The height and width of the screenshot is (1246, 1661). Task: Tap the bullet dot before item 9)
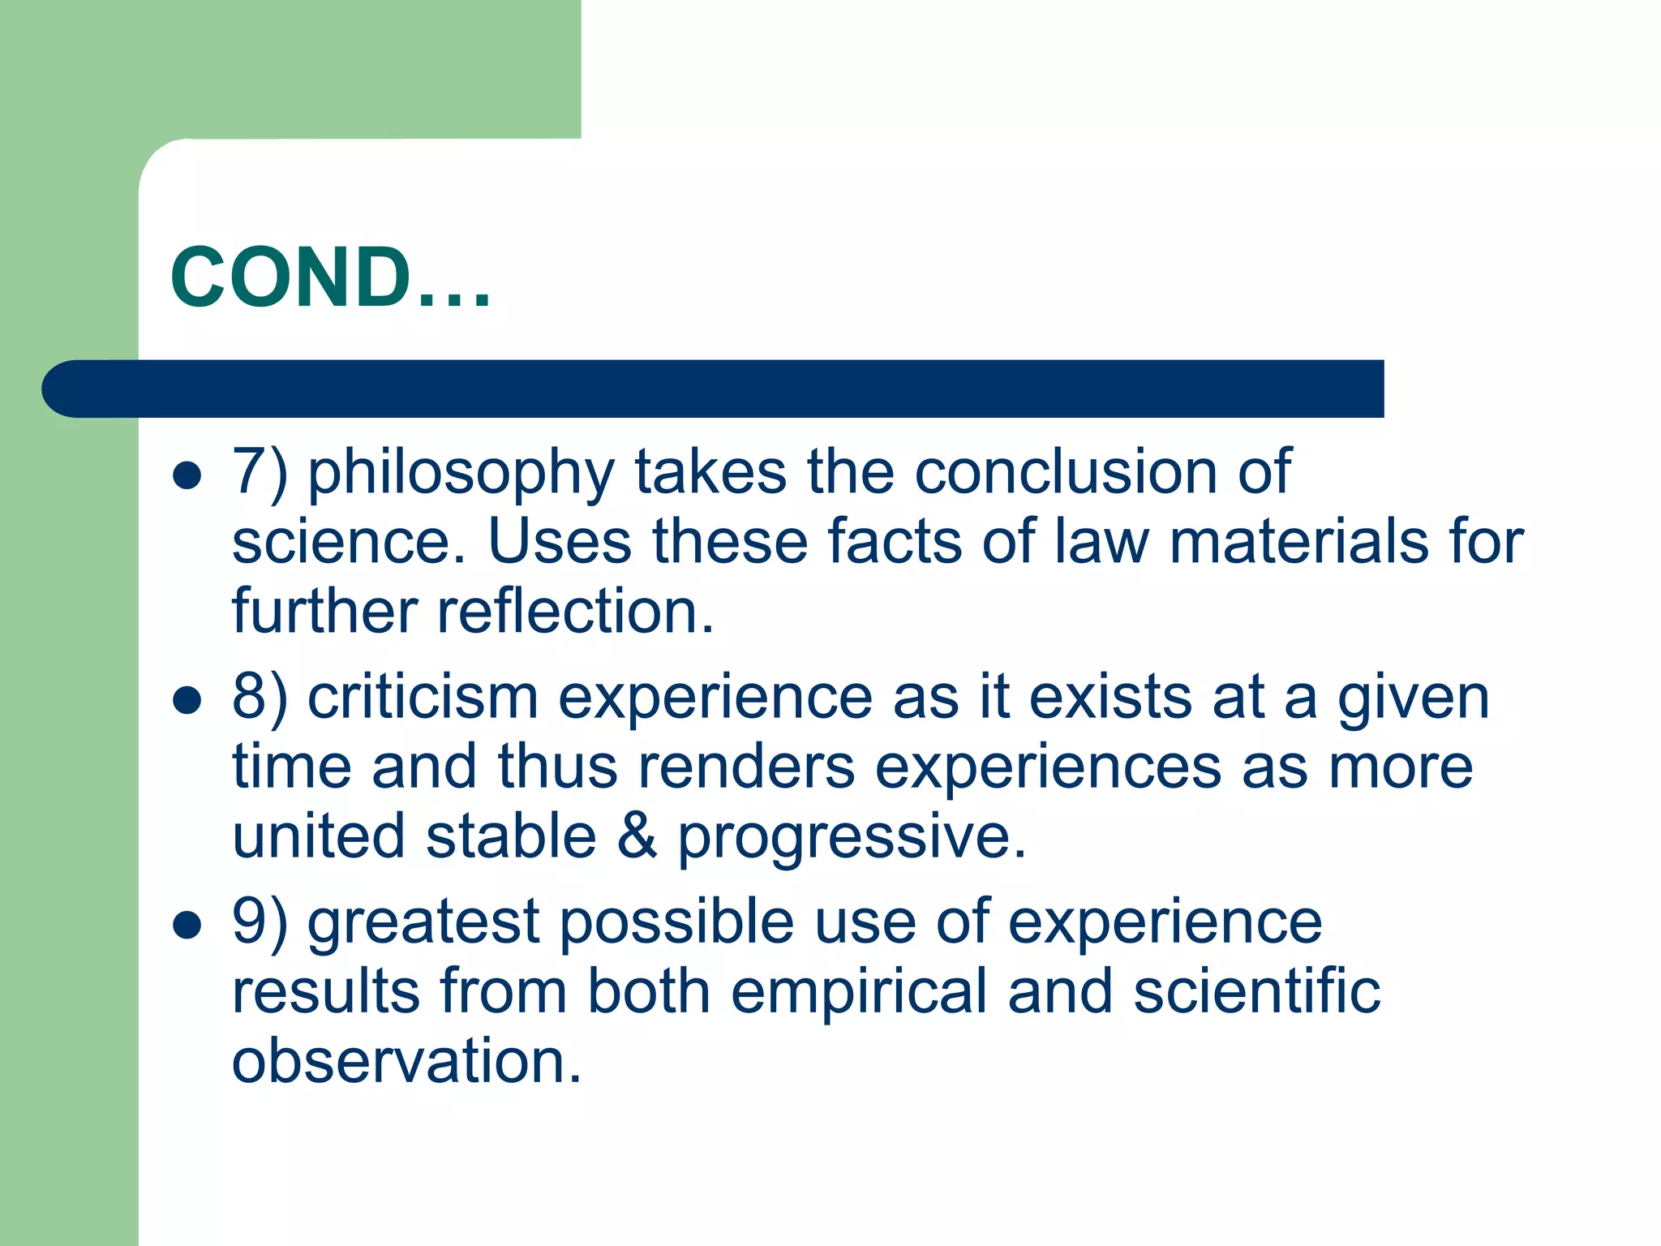(x=187, y=925)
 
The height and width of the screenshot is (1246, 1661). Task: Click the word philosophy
(x=461, y=472)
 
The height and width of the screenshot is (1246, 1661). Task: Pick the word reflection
(x=575, y=610)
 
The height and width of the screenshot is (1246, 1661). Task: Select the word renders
(x=745, y=766)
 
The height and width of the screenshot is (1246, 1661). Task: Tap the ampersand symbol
(x=637, y=836)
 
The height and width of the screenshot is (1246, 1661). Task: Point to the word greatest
(x=423, y=922)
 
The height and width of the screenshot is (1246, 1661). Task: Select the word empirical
(x=858, y=992)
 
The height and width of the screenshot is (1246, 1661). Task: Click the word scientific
(x=1256, y=990)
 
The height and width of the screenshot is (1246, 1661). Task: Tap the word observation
(x=406, y=1060)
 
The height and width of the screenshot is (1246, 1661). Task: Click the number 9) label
(x=260, y=922)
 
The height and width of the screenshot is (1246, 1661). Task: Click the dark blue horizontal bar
(x=714, y=389)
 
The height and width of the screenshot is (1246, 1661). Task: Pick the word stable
(x=511, y=836)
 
